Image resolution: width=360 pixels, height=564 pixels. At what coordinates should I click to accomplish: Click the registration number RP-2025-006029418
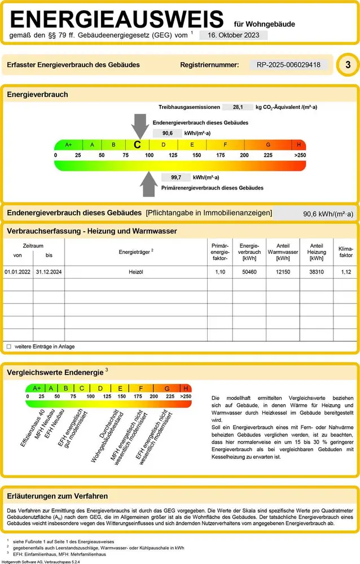pos(288,65)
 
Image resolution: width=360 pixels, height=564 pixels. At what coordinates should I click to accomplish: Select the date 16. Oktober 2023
pos(233,35)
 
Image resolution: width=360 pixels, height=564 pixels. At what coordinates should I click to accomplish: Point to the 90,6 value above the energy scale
pos(167,134)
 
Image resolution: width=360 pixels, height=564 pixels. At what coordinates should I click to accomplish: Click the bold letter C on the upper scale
pos(137,144)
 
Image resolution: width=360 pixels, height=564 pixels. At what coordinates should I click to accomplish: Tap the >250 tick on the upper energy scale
pos(300,155)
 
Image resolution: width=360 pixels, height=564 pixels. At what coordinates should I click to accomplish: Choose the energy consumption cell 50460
pos(249,272)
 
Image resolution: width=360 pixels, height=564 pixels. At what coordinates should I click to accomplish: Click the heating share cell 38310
pos(317,272)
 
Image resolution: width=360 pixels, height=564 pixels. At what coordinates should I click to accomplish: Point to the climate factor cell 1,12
pos(346,272)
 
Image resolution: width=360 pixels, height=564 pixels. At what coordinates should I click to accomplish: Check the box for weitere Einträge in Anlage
pos(8,346)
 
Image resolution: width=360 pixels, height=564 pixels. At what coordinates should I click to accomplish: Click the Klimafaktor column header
pos(345,252)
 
